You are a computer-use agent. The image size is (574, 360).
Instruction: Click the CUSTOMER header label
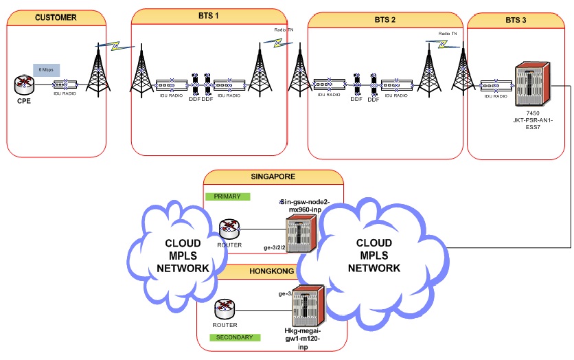(56, 17)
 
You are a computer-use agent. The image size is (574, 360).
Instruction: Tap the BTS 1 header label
(203, 15)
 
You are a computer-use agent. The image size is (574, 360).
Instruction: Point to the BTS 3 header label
(516, 21)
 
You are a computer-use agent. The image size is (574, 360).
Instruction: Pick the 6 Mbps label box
(46, 70)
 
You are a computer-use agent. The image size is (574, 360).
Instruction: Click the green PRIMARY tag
(227, 196)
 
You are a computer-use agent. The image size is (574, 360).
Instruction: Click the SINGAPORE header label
(273, 177)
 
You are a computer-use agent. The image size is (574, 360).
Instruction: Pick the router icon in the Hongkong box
(225, 308)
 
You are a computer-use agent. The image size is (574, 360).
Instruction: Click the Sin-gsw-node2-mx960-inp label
(306, 205)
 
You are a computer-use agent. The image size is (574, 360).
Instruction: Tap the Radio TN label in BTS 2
(447, 33)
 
